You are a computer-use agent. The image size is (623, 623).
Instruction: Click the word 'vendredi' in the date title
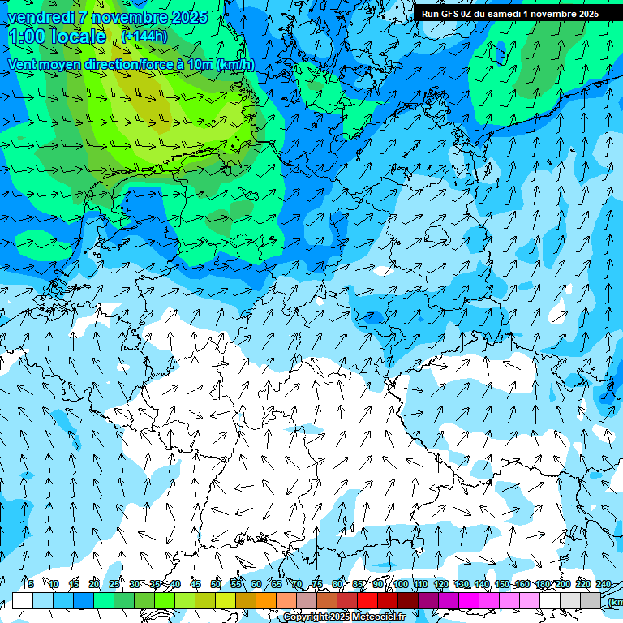pyautogui.click(x=41, y=17)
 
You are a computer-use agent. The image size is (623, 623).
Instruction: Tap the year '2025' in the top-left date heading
pyautogui.click(x=183, y=17)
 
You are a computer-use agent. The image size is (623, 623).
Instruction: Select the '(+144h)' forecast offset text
pyautogui.click(x=145, y=36)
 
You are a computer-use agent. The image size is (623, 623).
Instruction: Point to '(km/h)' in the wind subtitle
pyautogui.click(x=235, y=64)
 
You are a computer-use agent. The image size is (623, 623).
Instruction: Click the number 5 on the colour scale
pyautogui.click(x=31, y=584)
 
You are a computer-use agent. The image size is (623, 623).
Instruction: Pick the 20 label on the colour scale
pyautogui.click(x=94, y=584)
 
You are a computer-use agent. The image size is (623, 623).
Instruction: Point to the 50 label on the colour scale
pyautogui.click(x=216, y=584)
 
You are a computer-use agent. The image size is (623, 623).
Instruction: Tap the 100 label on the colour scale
pyautogui.click(x=401, y=584)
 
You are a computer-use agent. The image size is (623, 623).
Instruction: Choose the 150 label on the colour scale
pyautogui.click(x=502, y=584)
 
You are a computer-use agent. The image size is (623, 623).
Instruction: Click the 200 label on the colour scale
pyautogui.click(x=563, y=584)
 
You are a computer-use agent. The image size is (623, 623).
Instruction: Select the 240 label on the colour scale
pyautogui.click(x=603, y=584)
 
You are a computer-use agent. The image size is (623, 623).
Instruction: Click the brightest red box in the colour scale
pyautogui.click(x=367, y=600)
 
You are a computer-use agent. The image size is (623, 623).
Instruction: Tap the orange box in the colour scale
pyautogui.click(x=266, y=600)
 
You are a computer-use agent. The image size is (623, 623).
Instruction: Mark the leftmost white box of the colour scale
pyautogui.click(x=23, y=600)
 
